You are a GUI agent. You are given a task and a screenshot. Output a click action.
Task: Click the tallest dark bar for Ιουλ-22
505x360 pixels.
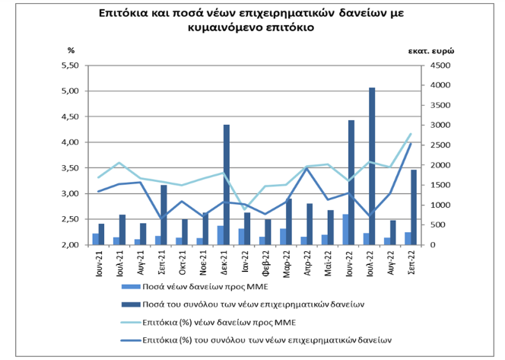tap(372, 166)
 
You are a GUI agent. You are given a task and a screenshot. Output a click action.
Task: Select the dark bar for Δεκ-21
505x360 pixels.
tap(227, 185)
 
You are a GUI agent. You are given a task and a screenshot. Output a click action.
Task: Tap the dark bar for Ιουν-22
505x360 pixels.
tap(351, 183)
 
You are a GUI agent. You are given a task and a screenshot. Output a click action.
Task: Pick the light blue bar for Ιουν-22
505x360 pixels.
tap(345, 230)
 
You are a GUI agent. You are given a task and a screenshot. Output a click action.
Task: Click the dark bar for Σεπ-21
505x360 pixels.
tap(164, 215)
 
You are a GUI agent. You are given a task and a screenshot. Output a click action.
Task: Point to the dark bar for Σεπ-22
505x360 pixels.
tap(414, 207)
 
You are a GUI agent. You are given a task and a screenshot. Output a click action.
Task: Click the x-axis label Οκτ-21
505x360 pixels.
tap(182, 263)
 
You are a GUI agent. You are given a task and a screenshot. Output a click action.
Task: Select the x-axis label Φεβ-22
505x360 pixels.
tap(265, 264)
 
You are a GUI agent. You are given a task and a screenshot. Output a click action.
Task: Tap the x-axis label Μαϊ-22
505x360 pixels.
tap(328, 263)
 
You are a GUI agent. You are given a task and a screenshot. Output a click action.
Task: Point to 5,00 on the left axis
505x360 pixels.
tap(70, 91)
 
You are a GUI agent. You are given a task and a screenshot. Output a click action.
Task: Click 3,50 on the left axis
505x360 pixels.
tap(70, 168)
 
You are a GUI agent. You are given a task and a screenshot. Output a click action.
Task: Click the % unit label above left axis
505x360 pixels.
tap(71, 50)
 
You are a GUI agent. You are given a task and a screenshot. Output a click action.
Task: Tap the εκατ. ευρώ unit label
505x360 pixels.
tap(431, 51)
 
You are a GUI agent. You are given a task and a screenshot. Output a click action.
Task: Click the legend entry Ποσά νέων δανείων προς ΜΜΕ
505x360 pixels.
tap(195, 286)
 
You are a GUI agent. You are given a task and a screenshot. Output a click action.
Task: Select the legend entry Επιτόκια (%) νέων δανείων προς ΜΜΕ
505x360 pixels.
tap(208, 322)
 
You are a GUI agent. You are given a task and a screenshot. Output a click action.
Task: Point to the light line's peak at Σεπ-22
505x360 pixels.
tap(411, 134)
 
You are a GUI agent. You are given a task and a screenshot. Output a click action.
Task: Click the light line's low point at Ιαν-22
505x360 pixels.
tap(245, 209)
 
